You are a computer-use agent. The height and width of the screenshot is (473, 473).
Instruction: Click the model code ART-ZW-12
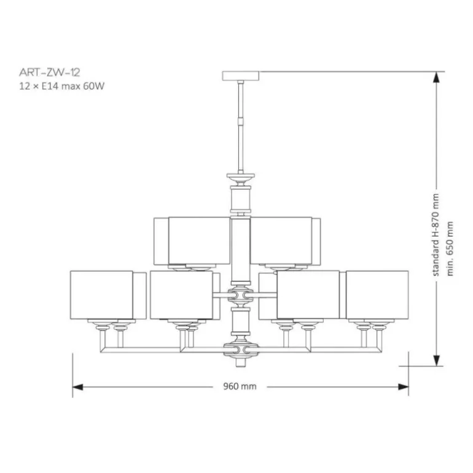point(50,72)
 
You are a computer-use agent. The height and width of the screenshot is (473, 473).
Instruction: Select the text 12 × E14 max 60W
point(62,86)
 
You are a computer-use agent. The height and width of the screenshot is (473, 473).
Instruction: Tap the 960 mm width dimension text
point(240,386)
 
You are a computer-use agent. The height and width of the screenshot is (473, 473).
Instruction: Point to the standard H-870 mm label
point(436,235)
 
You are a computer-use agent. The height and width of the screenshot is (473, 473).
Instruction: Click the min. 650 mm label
point(450,249)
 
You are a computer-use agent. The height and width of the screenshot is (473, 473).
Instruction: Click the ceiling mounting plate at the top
point(240,76)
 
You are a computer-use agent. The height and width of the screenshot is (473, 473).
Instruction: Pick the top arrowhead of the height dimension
point(436,77)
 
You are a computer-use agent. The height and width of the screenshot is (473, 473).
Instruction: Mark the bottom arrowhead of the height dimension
point(436,361)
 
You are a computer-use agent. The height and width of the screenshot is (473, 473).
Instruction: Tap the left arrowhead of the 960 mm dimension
point(78,387)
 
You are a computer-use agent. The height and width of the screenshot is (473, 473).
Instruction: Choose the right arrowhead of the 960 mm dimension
point(404,387)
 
